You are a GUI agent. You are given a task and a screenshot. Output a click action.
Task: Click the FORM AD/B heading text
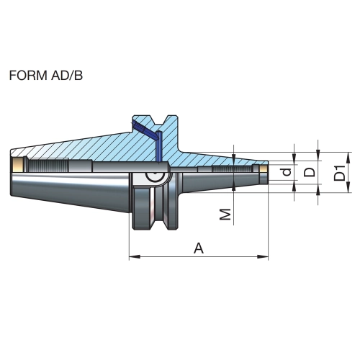(x=46, y=76)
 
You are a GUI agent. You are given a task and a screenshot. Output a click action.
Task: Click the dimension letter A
(x=199, y=248)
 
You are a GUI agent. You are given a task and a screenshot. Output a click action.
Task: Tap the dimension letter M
(x=225, y=214)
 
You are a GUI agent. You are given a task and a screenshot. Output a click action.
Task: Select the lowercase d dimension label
(x=287, y=172)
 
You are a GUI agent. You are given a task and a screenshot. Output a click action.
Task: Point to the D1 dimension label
(x=340, y=172)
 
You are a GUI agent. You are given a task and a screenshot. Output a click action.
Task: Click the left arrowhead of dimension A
(x=135, y=257)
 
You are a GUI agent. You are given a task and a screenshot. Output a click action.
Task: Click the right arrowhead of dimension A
(x=263, y=257)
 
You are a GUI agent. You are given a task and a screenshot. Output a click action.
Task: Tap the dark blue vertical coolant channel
(x=158, y=146)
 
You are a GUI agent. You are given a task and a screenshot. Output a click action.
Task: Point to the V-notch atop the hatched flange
(x=161, y=120)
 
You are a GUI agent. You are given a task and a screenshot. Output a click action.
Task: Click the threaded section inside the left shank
(x=48, y=165)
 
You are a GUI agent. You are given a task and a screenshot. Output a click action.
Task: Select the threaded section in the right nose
(x=231, y=168)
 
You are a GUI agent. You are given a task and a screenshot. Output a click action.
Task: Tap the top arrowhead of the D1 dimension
(x=348, y=158)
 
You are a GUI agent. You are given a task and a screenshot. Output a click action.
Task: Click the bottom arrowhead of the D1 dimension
(x=348, y=186)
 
